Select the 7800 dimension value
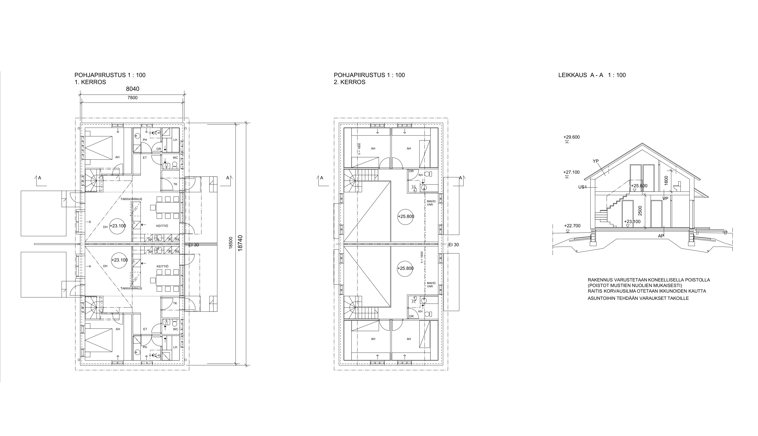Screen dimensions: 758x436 [132, 98]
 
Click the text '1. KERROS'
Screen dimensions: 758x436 [90, 82]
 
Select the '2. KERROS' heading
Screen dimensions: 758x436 [350, 82]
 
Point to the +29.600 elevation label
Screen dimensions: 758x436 [571, 137]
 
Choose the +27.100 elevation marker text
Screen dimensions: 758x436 [571, 172]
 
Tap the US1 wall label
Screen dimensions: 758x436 [582, 187]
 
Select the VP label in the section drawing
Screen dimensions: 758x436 [665, 199]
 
